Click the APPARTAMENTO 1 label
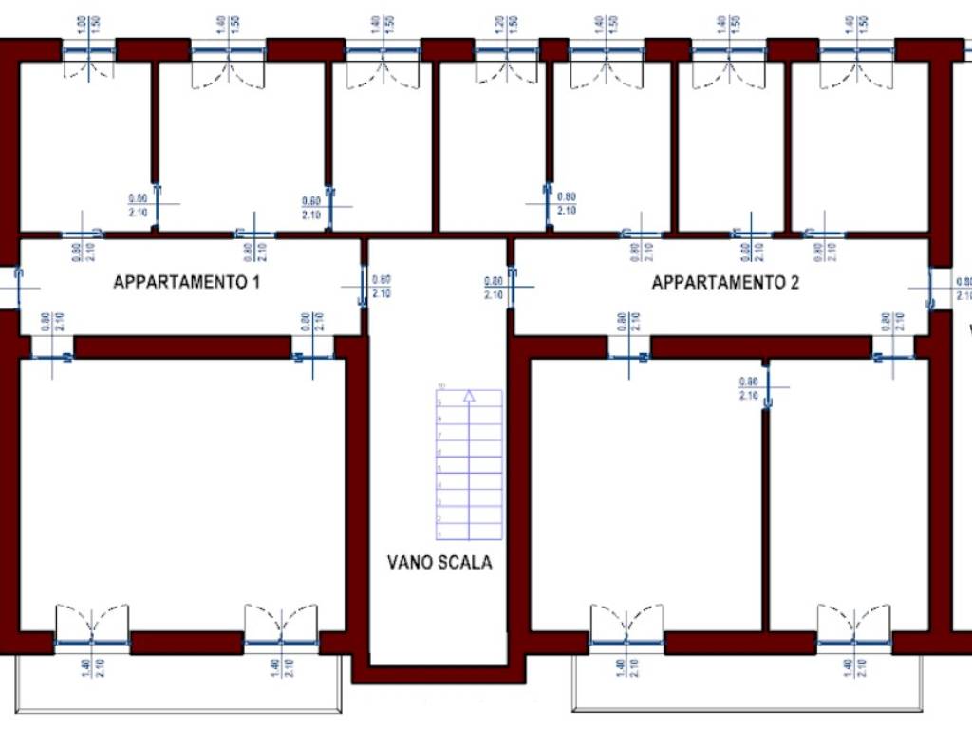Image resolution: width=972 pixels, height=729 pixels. pos(186,282)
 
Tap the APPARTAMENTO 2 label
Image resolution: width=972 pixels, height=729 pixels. pos(725,282)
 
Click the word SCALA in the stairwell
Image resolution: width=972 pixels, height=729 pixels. pos(467,562)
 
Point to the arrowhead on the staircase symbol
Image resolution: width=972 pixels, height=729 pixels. pos(468,399)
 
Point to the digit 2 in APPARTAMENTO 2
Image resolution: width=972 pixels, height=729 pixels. pos(794,282)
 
